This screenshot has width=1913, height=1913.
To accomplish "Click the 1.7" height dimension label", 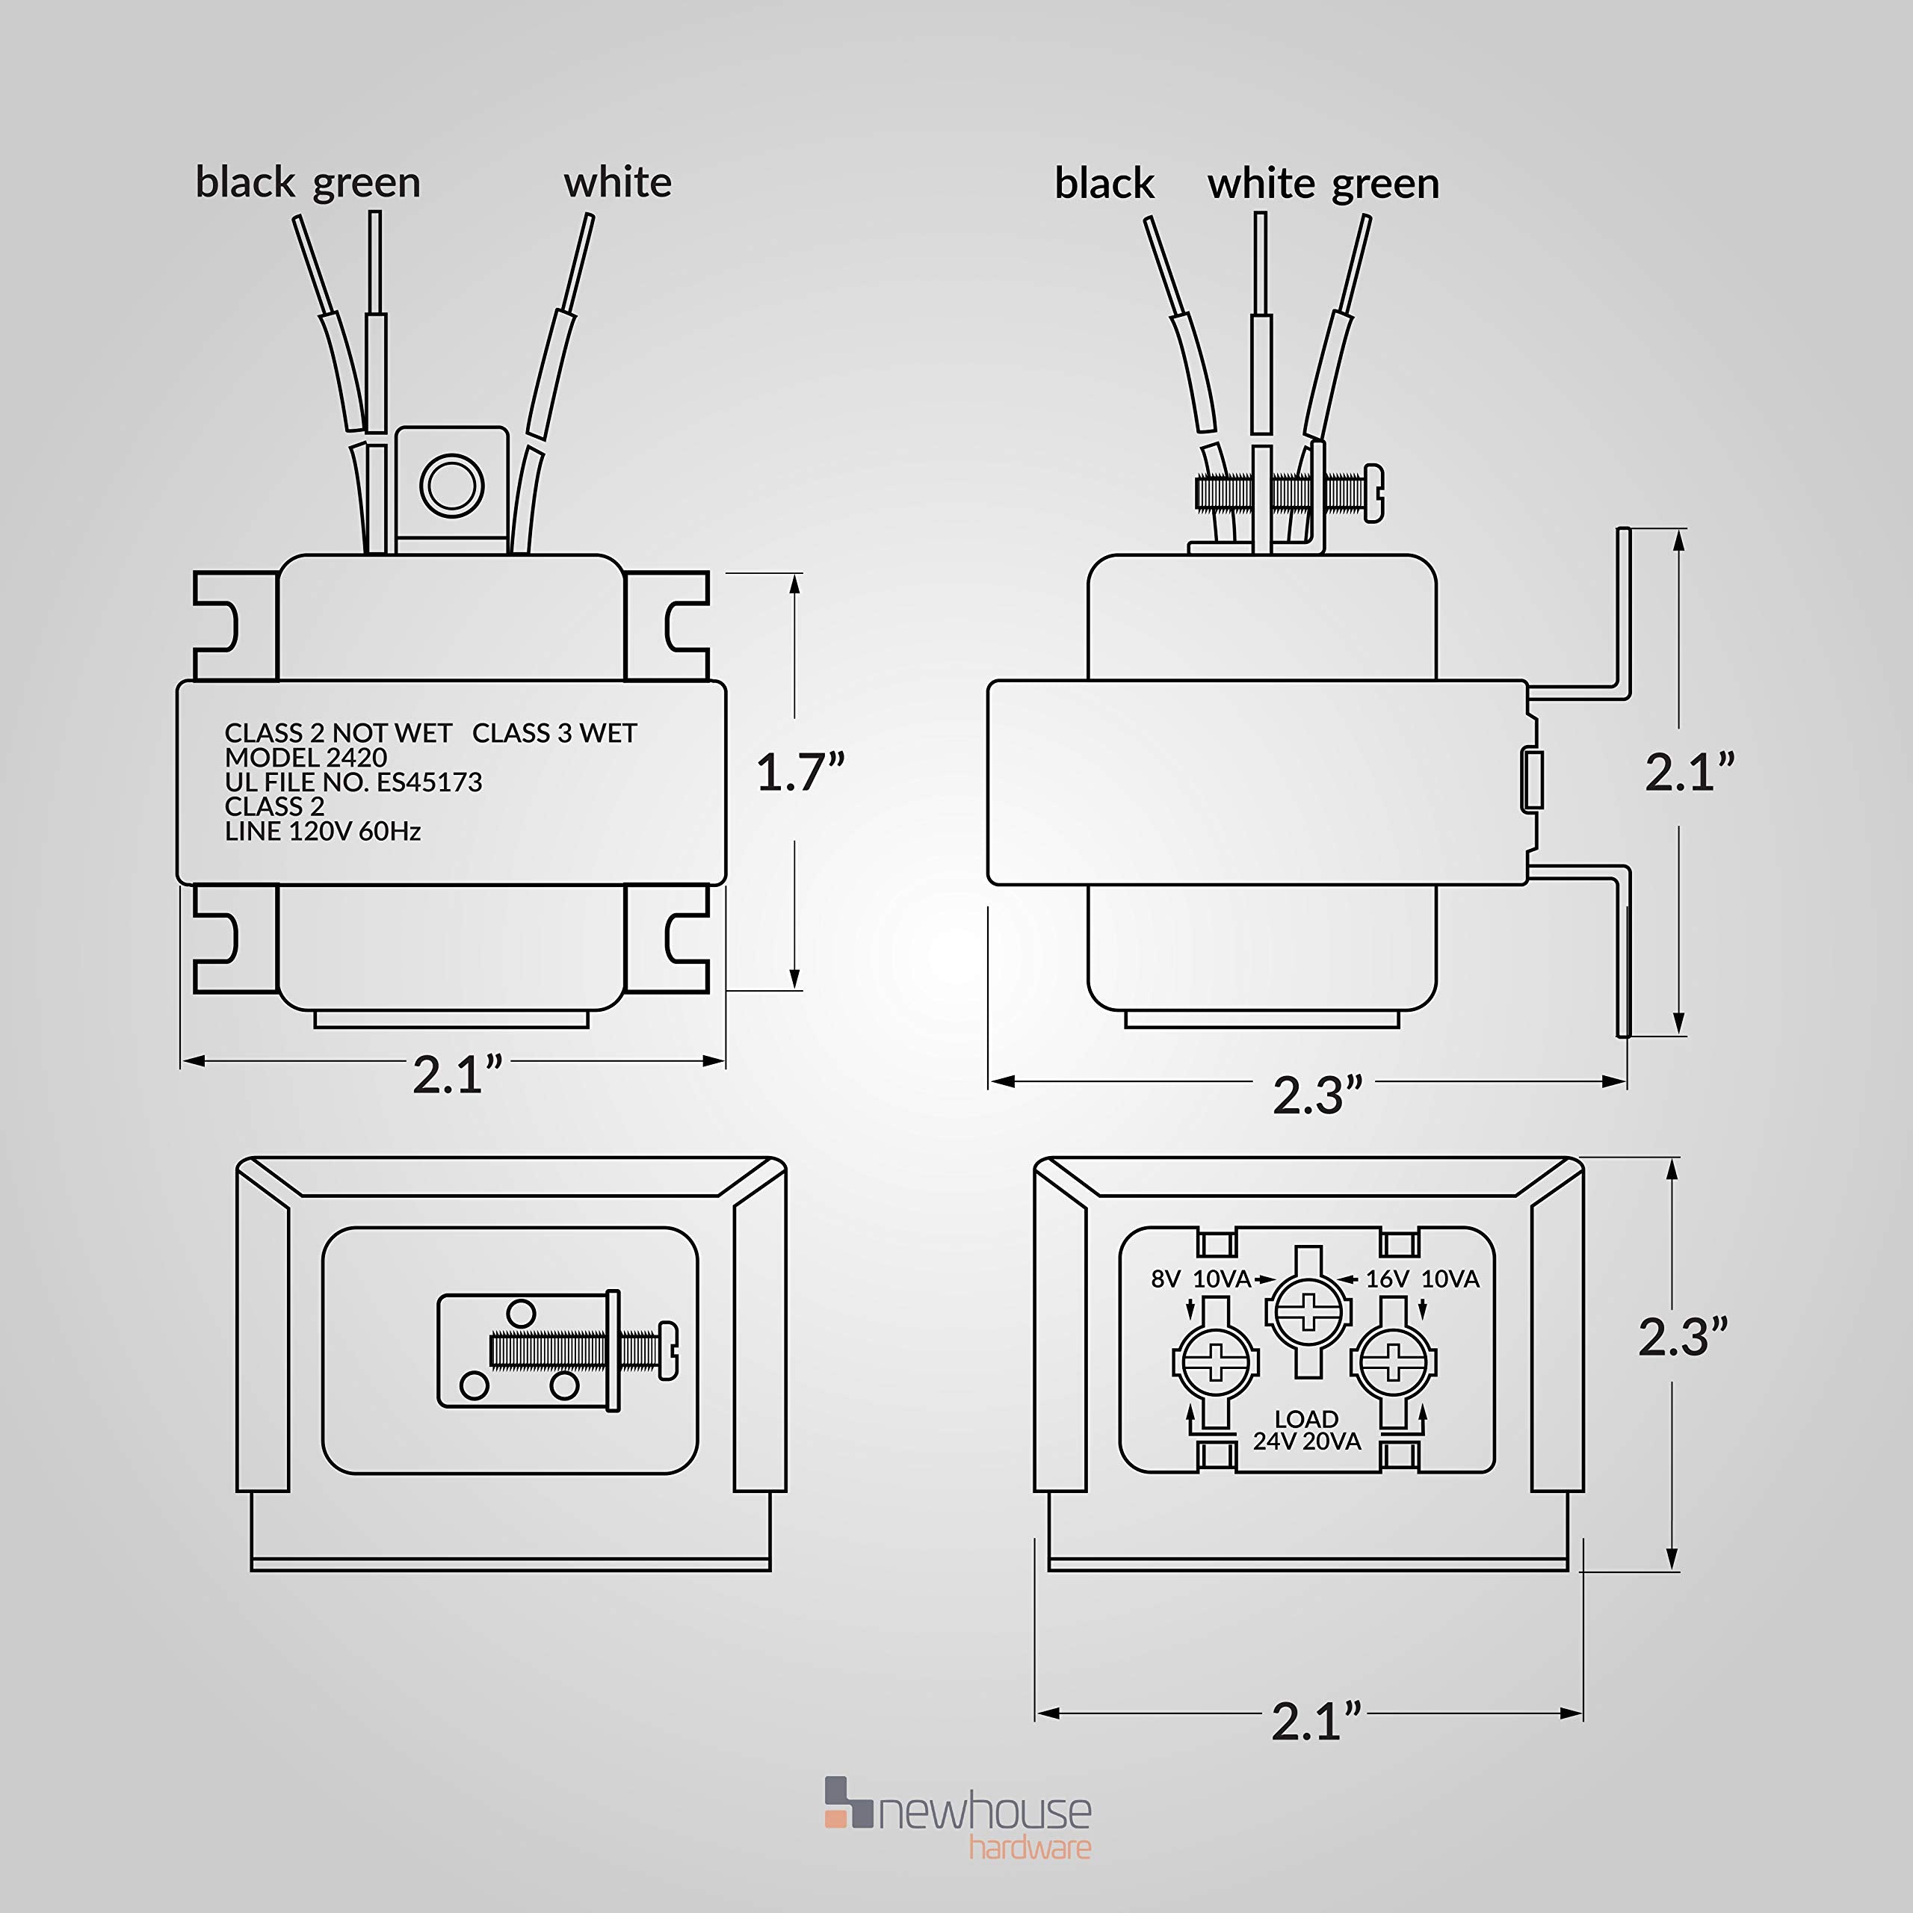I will pos(800,773).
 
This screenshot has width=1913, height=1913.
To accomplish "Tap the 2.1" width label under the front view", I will pos(457,1075).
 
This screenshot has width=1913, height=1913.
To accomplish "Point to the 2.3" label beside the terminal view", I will pos(1682,1337).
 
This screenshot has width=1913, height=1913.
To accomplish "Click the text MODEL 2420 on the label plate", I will pos(305,758).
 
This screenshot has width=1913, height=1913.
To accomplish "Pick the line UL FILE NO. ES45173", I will pos(353,782).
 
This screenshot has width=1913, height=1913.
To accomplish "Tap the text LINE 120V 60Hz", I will pos(322,831).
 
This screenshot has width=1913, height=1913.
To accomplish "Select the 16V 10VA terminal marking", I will pos(1422,1279).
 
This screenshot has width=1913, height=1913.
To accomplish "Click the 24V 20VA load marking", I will pos(1306,1441).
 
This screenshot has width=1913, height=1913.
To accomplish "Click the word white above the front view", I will pos(617,182).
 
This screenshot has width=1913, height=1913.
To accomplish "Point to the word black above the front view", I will pos(244,182).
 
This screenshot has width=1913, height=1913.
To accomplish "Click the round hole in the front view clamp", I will pos(451,485).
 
